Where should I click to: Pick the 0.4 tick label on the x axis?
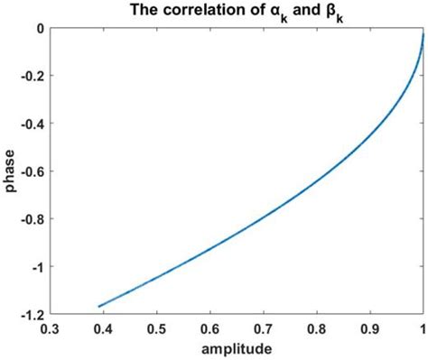pyautogui.click(x=105, y=328)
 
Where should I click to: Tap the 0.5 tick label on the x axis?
pyautogui.click(x=157, y=328)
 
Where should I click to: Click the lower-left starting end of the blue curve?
pyautogui.click(x=99, y=307)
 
